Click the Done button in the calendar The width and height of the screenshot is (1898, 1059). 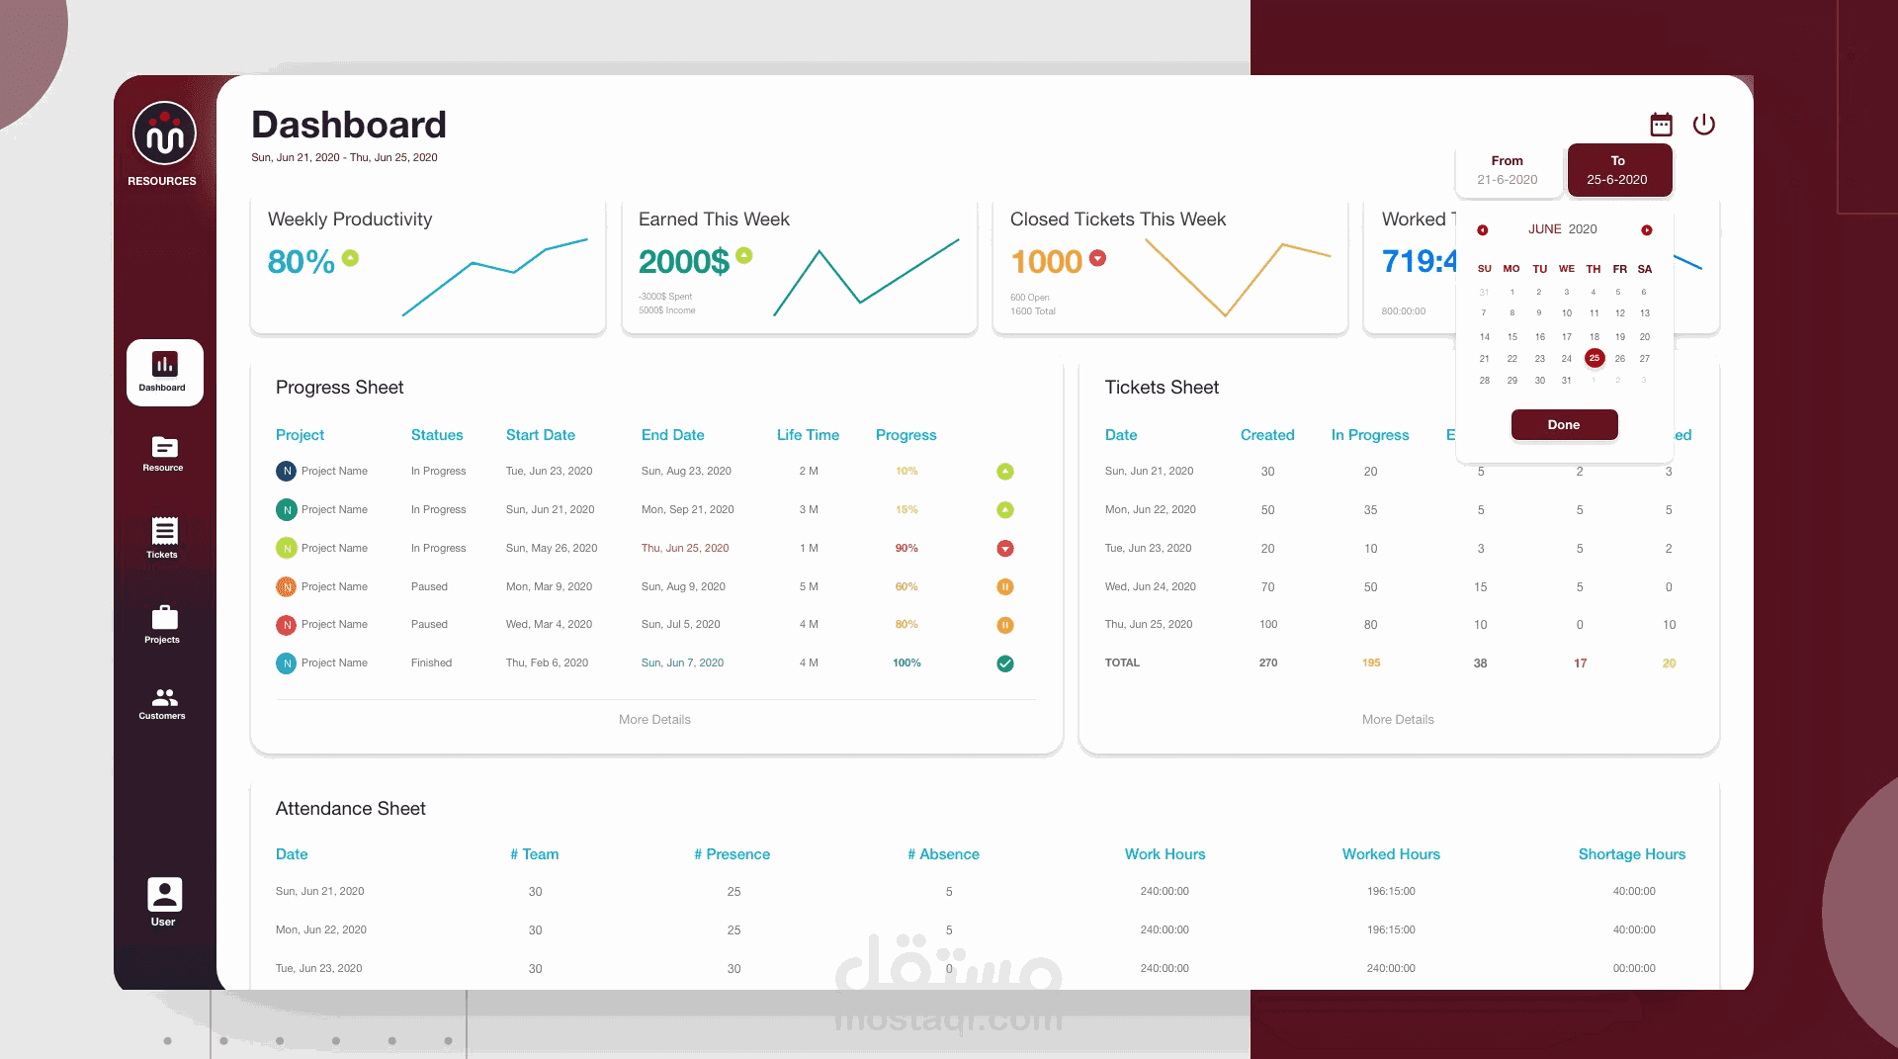[x=1564, y=425]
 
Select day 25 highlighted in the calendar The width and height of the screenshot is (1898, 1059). [x=1594, y=358]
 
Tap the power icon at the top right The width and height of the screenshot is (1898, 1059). [x=1703, y=125]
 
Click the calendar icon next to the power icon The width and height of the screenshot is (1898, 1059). [x=1661, y=125]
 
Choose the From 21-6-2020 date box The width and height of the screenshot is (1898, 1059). [x=1507, y=170]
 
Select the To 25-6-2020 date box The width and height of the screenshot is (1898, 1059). [x=1618, y=170]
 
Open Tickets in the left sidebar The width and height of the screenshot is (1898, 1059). [x=164, y=538]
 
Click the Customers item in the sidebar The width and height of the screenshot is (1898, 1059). [x=164, y=703]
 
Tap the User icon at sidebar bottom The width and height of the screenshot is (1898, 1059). [x=164, y=901]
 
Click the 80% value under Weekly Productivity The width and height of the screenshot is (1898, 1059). [x=302, y=262]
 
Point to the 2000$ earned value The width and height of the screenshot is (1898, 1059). [x=683, y=262]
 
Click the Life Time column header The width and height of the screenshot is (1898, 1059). [x=808, y=435]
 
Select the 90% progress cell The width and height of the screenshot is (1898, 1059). [x=906, y=549]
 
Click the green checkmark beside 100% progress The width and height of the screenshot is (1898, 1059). [x=1005, y=663]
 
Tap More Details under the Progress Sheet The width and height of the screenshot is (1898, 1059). [x=654, y=720]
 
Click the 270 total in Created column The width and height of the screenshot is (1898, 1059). [x=1267, y=663]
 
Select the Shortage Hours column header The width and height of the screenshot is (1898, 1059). [x=1631, y=854]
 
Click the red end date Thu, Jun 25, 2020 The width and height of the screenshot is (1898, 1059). [x=685, y=549]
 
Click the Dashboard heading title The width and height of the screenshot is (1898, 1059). [x=349, y=126]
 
